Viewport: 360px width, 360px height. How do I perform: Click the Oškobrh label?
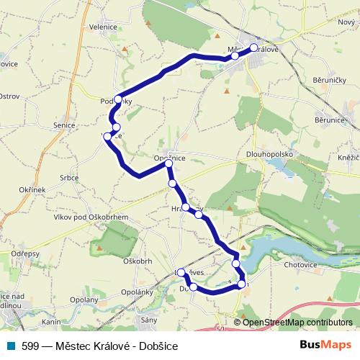point(137,260)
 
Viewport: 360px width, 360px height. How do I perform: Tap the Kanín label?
point(51,321)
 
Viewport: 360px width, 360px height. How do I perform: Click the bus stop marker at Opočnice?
point(168,164)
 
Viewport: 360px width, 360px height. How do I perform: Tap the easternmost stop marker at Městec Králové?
point(253,48)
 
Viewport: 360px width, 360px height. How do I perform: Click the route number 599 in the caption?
point(31,346)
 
